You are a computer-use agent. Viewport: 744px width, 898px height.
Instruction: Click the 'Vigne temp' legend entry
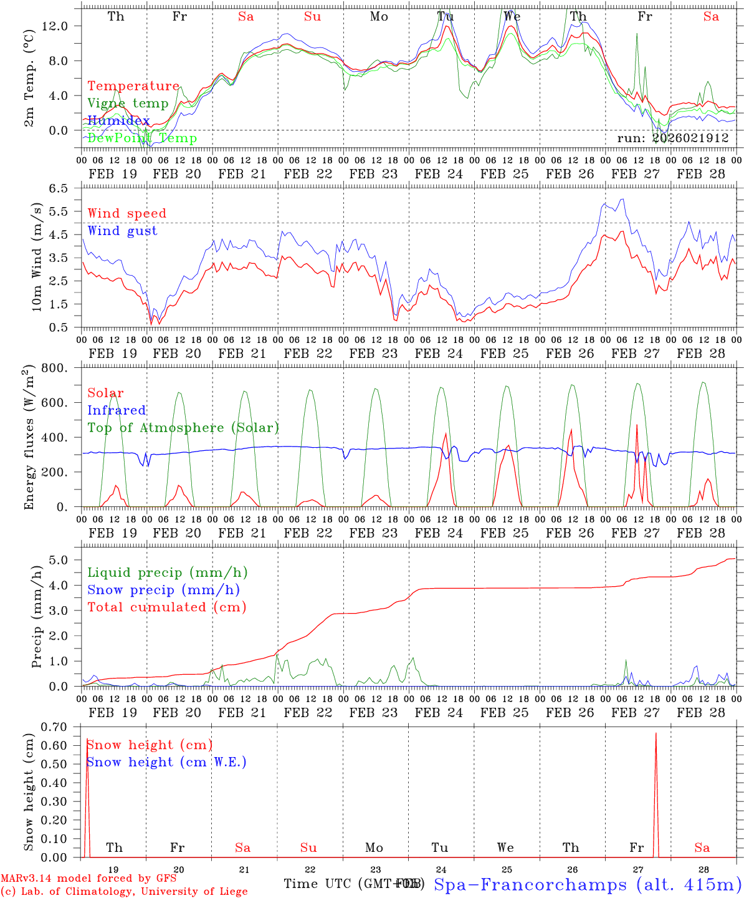tap(128, 104)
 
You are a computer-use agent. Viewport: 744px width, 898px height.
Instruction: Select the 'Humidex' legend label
tap(118, 121)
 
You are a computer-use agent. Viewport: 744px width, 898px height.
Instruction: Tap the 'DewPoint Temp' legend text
tap(142, 138)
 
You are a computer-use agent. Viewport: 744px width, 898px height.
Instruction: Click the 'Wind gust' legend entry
tap(122, 231)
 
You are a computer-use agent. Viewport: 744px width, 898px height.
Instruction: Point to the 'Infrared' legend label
tap(117, 410)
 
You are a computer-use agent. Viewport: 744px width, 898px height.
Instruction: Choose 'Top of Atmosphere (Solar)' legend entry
tap(183, 428)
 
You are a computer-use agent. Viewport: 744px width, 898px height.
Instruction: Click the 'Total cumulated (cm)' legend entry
tap(166, 607)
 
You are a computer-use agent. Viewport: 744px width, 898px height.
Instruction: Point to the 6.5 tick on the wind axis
tap(63, 188)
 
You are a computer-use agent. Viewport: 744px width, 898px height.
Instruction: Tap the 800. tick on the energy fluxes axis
tap(55, 368)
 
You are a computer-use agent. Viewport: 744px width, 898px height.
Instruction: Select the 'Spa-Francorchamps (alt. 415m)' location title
tap(587, 884)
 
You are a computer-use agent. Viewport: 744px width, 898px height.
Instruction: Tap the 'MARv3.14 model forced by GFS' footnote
tap(88, 878)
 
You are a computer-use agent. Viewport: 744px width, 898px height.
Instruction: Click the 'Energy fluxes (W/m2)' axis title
tap(28, 438)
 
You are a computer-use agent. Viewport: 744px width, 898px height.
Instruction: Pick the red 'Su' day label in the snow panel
tap(308, 847)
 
